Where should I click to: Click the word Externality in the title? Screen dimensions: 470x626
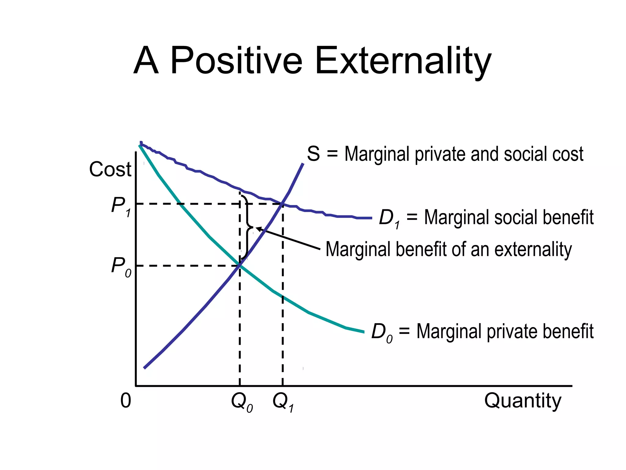[403, 61]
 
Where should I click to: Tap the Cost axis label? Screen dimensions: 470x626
[110, 169]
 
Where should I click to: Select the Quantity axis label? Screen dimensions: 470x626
[523, 401]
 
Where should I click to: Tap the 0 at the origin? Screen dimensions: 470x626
[126, 401]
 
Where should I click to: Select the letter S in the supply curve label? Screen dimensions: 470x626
[313, 154]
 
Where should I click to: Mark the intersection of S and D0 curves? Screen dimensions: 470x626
[240, 265]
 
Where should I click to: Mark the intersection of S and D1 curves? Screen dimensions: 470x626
[282, 203]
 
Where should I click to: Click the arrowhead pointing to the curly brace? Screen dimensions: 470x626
[258, 228]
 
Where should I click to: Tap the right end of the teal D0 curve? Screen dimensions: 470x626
[363, 332]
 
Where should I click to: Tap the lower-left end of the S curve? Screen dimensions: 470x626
[145, 367]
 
